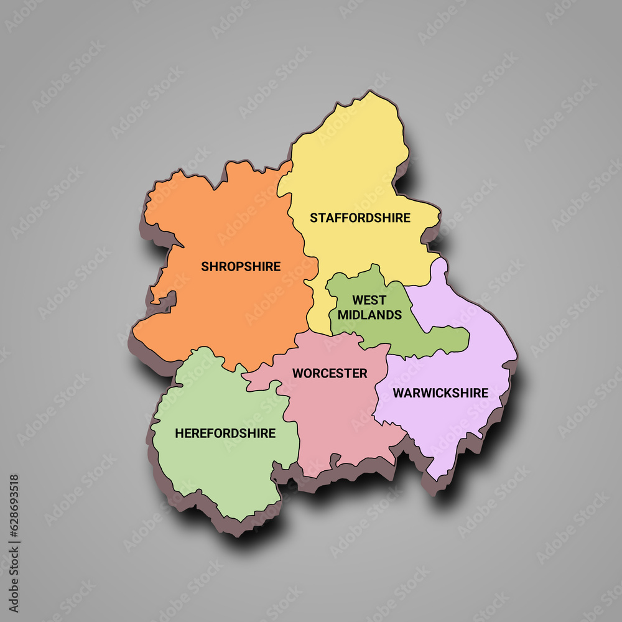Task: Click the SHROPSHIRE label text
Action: (241, 266)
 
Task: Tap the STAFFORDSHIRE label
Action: (360, 218)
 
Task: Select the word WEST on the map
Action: (369, 300)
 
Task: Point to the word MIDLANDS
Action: (369, 315)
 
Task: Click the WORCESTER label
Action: (330, 373)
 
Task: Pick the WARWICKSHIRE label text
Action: (440, 393)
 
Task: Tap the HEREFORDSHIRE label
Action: (225, 433)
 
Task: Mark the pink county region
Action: (336, 423)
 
